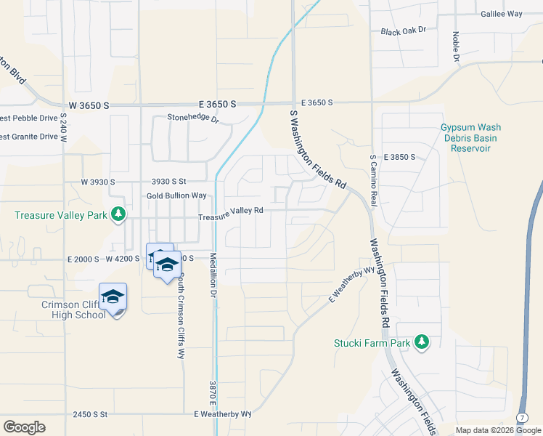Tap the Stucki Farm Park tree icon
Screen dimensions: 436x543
point(421,342)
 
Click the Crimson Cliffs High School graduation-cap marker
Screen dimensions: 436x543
point(113,296)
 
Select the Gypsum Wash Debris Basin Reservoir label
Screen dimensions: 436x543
point(470,138)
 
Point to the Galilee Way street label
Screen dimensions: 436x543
point(502,14)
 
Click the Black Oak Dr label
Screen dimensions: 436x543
point(403,31)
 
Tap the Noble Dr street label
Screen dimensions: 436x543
point(457,47)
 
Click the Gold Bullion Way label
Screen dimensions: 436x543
point(176,195)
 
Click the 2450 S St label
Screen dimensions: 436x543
point(90,414)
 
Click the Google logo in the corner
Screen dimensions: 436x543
point(24,427)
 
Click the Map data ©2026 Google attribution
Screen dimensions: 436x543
point(498,430)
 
